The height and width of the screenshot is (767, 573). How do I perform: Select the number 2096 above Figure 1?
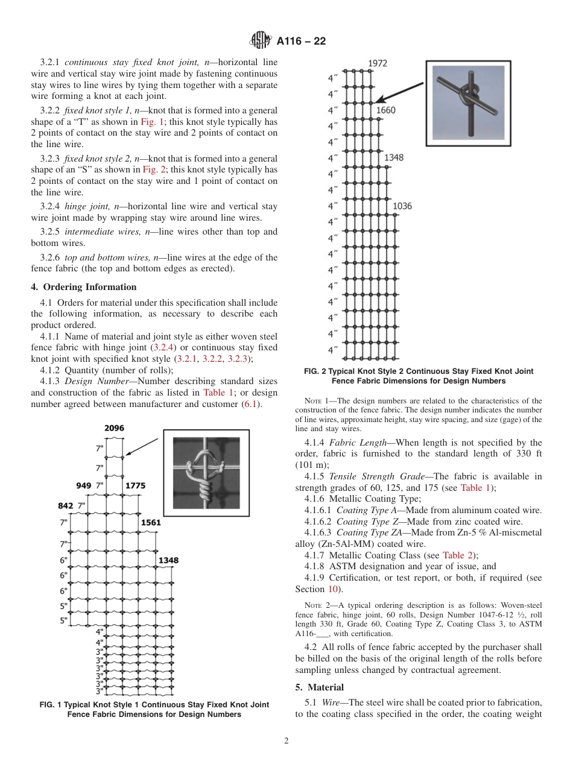(114, 428)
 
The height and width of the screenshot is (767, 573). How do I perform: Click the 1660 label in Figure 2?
(385, 110)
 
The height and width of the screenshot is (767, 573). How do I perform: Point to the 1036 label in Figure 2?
(402, 206)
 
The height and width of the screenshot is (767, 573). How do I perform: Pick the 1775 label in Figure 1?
(135, 485)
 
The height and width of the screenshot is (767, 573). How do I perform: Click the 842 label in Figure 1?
(65, 505)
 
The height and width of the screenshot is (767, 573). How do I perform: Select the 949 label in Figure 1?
(84, 485)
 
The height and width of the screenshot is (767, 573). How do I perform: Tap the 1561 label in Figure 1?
(151, 523)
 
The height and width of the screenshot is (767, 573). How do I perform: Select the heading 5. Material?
(319, 687)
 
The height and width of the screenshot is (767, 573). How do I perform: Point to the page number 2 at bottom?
(286, 741)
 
